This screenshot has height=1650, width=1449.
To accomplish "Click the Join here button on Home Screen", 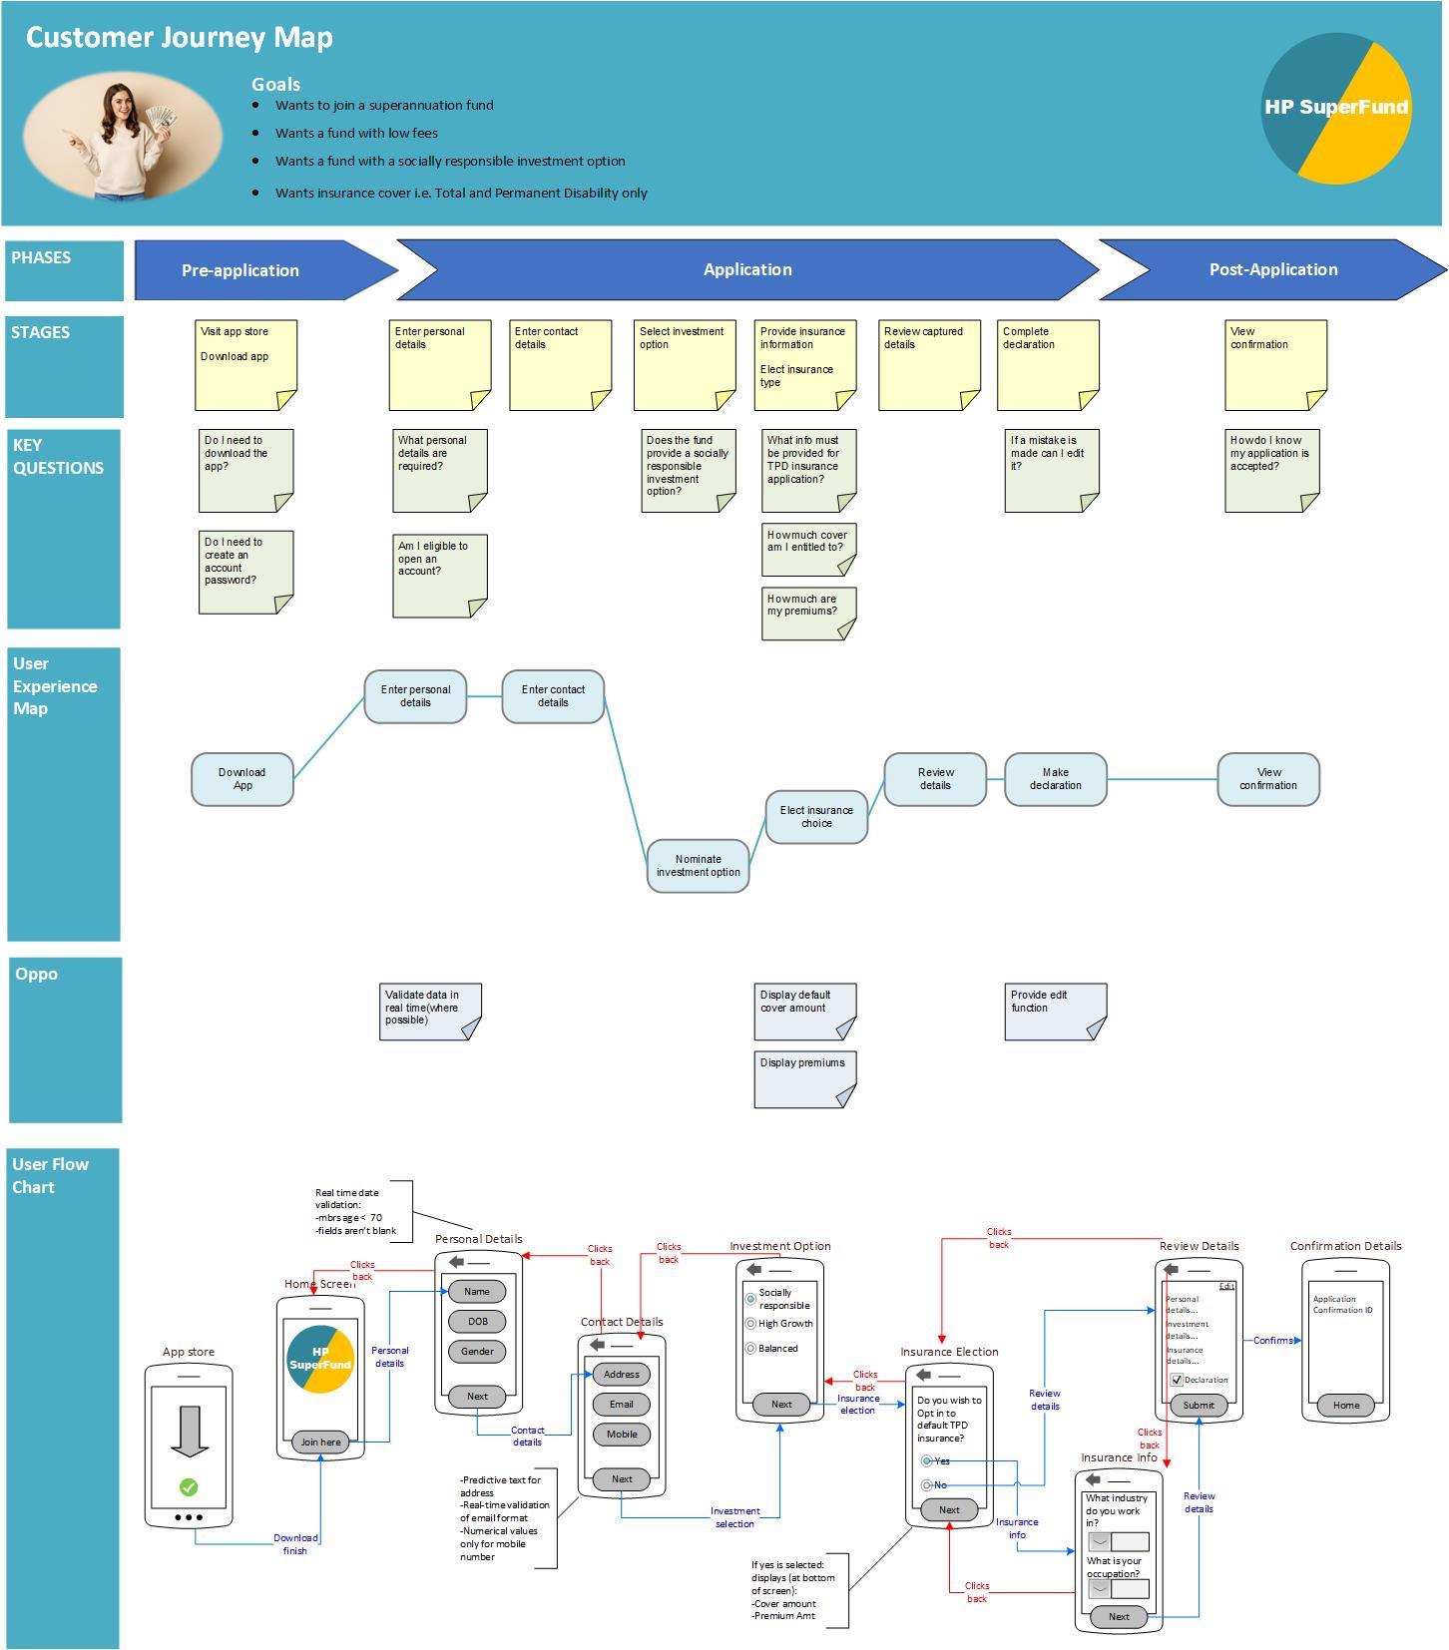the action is click(x=320, y=1442).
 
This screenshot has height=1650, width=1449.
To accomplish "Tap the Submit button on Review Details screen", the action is click(x=1199, y=1405).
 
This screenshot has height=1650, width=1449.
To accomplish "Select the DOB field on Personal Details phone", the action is click(x=477, y=1321).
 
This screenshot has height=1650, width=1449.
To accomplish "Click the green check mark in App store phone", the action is click(x=189, y=1487).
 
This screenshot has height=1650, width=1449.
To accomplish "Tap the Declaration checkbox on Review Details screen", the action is click(x=1177, y=1380).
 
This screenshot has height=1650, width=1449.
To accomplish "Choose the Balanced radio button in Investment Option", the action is click(x=750, y=1349).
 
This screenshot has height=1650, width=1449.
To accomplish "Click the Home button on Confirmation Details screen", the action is click(x=1345, y=1405).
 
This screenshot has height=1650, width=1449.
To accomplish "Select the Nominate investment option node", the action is click(x=698, y=866).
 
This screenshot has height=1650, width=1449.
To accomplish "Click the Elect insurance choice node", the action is click(x=816, y=817).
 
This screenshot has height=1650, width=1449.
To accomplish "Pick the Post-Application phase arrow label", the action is click(x=1273, y=269).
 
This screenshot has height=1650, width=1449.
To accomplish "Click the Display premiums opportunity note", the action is click(x=805, y=1078).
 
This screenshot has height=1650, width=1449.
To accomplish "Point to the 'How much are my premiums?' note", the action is click(x=809, y=614).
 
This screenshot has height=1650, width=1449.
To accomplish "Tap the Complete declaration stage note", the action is click(x=1048, y=365).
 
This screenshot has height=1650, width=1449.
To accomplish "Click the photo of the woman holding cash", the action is click(x=123, y=137).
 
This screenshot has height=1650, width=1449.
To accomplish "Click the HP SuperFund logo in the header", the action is click(x=1336, y=109).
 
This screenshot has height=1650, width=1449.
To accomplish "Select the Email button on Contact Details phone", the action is click(x=621, y=1404).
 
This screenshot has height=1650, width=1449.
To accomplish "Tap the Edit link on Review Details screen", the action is click(x=1226, y=1286).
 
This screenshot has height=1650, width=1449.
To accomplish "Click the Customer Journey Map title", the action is click(x=180, y=38).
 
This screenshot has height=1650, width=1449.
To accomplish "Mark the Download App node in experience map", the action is click(x=242, y=779).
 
